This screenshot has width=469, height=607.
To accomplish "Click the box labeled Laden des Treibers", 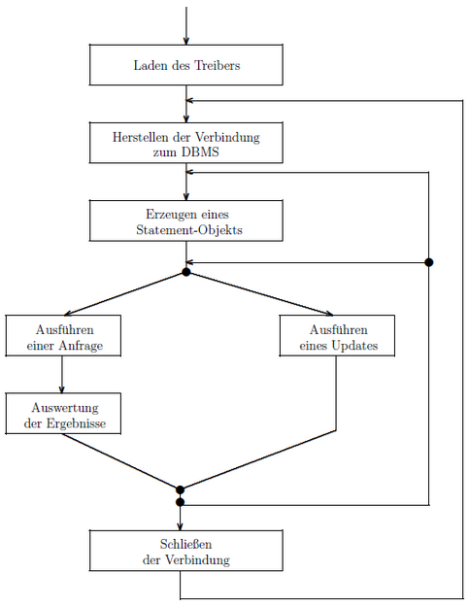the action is point(186,65).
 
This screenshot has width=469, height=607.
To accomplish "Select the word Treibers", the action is point(217,65).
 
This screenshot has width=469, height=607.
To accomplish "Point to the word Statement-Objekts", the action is point(189,230).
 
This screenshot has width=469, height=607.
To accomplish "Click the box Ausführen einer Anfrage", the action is point(63,336).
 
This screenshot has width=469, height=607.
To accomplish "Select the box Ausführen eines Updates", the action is point(338,336).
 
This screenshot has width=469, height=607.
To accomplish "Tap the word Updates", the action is point(354,346).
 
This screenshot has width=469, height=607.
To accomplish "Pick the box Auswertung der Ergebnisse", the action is point(63,414).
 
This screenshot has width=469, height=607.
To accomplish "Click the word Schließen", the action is point(186,544).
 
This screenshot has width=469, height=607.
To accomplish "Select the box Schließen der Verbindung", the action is point(186,551).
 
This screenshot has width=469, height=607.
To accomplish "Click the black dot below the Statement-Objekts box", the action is point(186,272).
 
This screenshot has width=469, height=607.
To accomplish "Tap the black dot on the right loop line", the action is point(429,262).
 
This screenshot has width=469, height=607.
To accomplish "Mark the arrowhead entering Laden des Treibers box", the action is point(186,41).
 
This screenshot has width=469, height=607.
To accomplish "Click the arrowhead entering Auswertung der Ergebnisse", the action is point(61,389).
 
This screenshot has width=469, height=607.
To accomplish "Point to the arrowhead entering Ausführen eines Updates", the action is point(329,313).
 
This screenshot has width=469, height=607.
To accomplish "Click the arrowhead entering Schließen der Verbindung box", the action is point(180,526).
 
